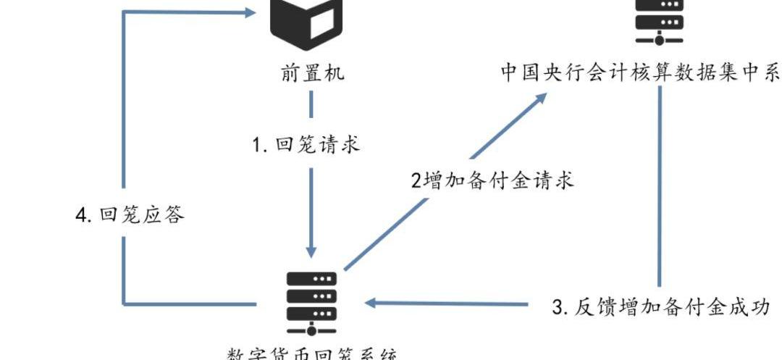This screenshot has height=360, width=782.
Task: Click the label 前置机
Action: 312,74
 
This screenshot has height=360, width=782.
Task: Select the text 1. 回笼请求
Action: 306,145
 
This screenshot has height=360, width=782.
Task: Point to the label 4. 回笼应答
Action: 131,216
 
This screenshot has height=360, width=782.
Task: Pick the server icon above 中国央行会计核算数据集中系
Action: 660,22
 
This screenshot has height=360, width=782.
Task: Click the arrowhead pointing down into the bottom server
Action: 311,248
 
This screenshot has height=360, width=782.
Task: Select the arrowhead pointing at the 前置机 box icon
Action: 250,12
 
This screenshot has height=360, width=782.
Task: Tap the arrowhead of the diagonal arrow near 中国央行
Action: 539,100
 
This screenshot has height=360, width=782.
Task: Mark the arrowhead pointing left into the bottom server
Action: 371,303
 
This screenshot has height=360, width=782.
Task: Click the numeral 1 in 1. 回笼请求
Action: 256,146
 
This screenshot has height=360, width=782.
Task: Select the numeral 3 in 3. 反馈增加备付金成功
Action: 558,308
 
